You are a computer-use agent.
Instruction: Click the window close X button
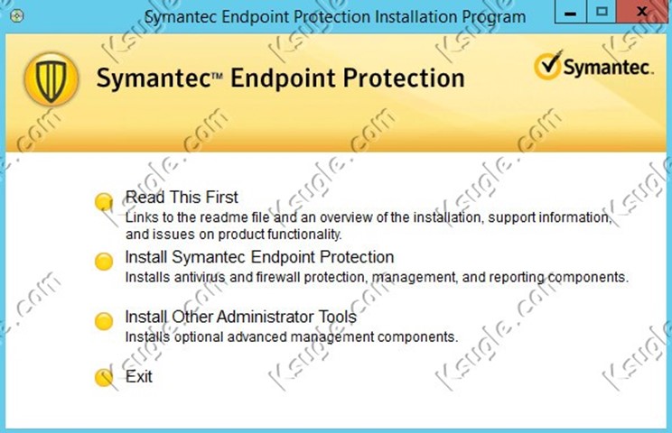[x=642, y=12]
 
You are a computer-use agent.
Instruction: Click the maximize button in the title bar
[x=602, y=12]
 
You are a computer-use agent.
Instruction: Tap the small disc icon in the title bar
[x=17, y=16]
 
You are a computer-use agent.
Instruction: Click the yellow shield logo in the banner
[x=51, y=78]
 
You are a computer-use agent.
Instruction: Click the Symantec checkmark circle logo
[x=547, y=66]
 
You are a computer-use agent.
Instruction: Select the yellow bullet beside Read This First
[x=104, y=201]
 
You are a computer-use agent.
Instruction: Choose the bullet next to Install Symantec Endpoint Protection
[x=104, y=262]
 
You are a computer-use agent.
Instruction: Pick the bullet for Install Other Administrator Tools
[x=104, y=321]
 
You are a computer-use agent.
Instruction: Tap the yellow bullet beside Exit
[x=104, y=377]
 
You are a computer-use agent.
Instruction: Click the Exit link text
[x=139, y=376]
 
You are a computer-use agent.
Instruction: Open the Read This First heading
[x=182, y=198]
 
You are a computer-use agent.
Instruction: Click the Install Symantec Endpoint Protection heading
[x=259, y=257]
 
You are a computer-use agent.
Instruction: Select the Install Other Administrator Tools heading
[x=240, y=317]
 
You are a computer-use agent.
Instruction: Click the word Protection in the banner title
[x=403, y=78]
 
